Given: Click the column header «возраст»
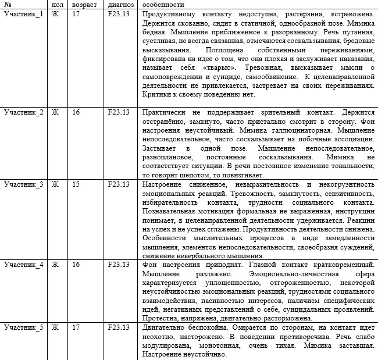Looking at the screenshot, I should (x=85, y=4).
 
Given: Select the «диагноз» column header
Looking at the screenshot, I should (x=121, y=4).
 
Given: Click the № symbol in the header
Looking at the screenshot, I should (x=8, y=4).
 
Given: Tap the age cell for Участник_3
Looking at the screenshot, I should (x=76, y=184).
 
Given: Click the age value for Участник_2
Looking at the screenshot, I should (x=76, y=112).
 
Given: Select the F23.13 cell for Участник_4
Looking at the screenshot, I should (x=119, y=265).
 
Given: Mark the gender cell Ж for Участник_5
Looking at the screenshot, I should (x=55, y=327).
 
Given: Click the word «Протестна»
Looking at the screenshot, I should (x=159, y=318).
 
